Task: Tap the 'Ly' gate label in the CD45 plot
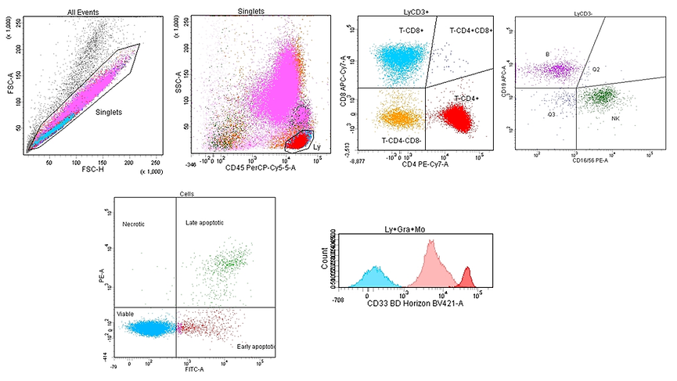pyautogui.click(x=316, y=146)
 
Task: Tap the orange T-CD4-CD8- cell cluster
pyautogui.click(x=390, y=117)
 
